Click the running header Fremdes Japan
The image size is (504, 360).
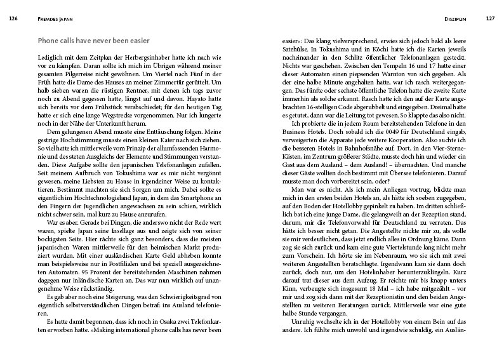pos(48,18)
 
